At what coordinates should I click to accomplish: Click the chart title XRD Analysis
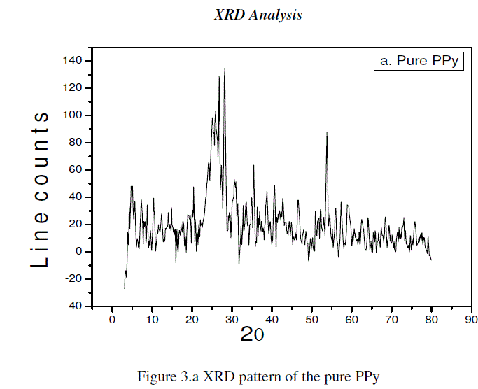point(258,15)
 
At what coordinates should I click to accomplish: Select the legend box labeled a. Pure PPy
point(419,61)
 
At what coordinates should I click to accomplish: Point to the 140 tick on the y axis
point(72,61)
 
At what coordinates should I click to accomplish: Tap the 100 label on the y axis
point(72,115)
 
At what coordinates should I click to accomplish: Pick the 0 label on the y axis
point(78,252)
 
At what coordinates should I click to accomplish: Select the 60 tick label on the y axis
point(74,170)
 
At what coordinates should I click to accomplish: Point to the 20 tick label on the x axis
point(192,319)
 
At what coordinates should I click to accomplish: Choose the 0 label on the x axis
point(112,319)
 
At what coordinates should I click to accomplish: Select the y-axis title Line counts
point(40,189)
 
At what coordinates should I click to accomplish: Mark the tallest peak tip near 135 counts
point(225,68)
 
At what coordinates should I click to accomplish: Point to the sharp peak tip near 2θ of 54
point(327,132)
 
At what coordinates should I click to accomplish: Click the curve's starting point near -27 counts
point(125,288)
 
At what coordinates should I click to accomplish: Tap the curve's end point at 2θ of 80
point(431,260)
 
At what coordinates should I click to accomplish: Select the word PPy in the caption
point(366,379)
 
